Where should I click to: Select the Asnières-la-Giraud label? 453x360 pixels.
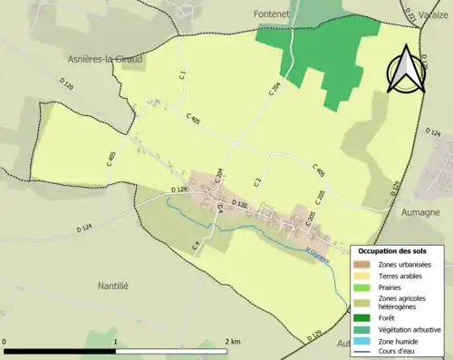click(x=107, y=58)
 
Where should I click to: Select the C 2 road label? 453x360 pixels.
click(x=257, y=182)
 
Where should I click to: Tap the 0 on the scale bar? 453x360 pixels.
click(x=5, y=342)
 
